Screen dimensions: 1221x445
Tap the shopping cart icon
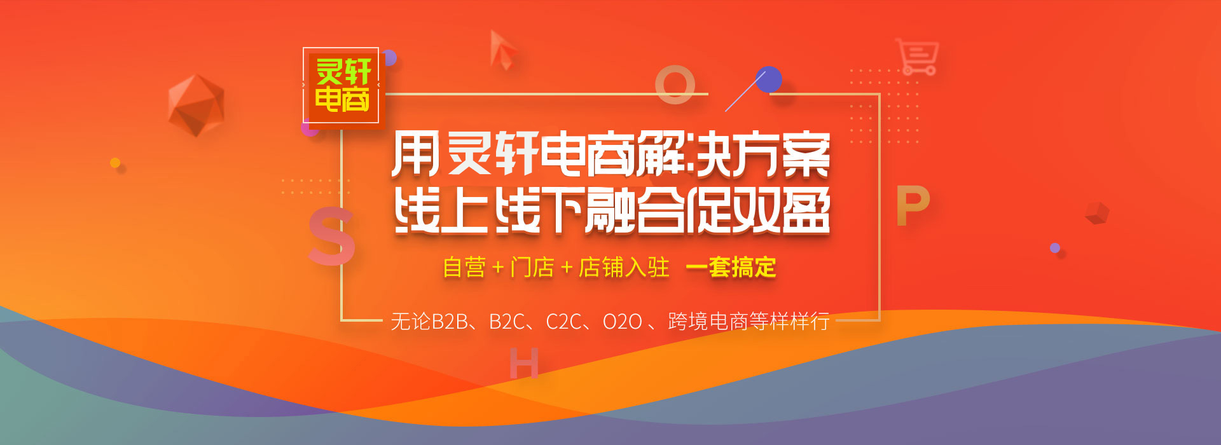pos(917,57)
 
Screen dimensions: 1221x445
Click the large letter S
pos(331,236)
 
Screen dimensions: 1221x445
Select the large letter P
pos(913,206)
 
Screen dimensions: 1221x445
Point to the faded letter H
pos(524,363)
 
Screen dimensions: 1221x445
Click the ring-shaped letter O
pos(675,85)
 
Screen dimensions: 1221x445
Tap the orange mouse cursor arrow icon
pos(502,50)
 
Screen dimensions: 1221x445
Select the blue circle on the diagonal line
pos(768,79)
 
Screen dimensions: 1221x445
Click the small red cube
pos(1097,213)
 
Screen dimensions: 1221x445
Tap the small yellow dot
pos(115,163)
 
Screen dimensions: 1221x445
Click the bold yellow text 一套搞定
pos(731,268)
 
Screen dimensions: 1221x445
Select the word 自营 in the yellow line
pos(464,268)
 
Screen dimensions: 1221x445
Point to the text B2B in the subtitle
pos(450,322)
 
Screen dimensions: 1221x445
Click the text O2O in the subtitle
pos(622,322)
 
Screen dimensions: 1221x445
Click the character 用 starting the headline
pos(415,154)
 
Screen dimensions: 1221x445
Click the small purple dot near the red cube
pos(1055,248)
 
